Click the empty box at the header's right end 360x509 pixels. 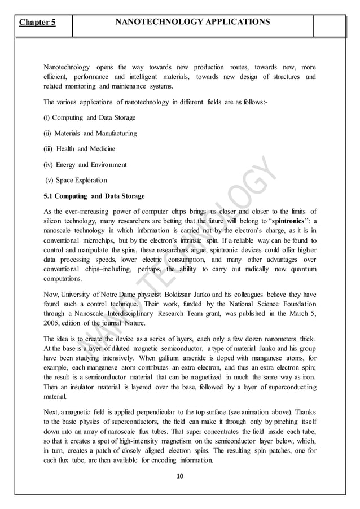tap(328, 23)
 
